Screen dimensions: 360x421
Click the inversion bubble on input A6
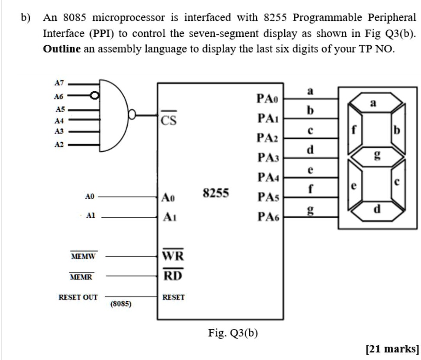(94, 95)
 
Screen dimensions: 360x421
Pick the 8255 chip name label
(216, 193)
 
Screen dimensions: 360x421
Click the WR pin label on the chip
(173, 256)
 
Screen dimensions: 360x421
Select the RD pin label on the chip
(173, 276)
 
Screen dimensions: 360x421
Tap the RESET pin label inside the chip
(173, 297)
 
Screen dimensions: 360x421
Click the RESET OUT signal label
(78, 297)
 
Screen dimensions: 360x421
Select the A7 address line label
(59, 83)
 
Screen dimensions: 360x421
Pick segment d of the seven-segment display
(376, 210)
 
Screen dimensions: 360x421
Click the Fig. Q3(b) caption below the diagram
(233, 333)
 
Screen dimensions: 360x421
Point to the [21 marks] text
(392, 348)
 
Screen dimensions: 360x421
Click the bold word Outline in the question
(62, 49)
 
